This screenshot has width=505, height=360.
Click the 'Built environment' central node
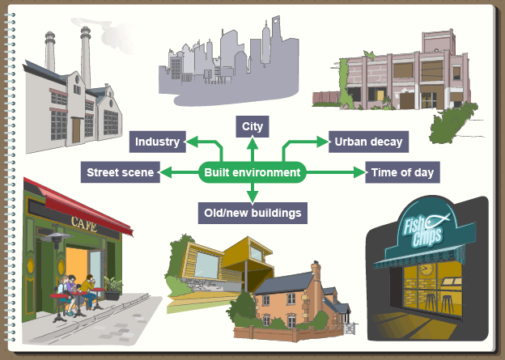point(252,172)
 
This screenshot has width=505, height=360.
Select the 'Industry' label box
point(157,142)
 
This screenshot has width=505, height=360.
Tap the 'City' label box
point(252,127)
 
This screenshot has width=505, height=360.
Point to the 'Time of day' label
point(402,172)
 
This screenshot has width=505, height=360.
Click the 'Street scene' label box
point(121,172)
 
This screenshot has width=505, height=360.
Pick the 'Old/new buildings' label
point(252,214)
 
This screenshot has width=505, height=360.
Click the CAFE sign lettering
point(84,220)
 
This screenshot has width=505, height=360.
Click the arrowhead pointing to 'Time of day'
point(361,172)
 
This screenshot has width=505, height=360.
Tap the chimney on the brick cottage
point(316,269)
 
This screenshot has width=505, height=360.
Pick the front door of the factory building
point(77,129)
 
